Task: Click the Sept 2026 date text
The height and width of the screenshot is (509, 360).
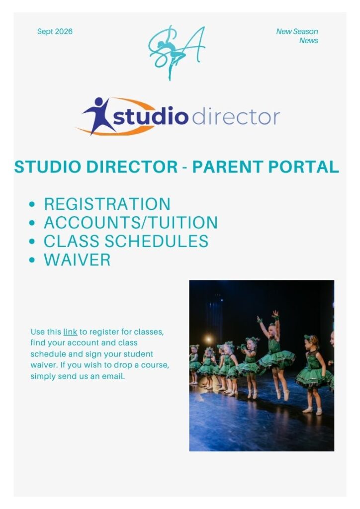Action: pyautogui.click(x=55, y=31)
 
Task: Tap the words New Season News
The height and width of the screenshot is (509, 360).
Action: pyautogui.click(x=297, y=36)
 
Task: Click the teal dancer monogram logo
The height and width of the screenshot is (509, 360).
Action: pyautogui.click(x=176, y=52)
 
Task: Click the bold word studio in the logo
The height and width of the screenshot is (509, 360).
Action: pyautogui.click(x=151, y=115)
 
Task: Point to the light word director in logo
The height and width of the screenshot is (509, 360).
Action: pyautogui.click(x=236, y=116)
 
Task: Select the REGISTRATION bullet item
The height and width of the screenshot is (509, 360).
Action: pyautogui.click(x=107, y=204)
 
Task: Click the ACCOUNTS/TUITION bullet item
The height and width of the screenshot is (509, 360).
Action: pyautogui.click(x=131, y=223)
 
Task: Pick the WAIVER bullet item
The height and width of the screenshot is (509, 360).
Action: pyautogui.click(x=77, y=259)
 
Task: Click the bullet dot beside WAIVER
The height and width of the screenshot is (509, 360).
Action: pyautogui.click(x=32, y=260)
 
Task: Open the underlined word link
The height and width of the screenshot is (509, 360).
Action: pyautogui.click(x=70, y=332)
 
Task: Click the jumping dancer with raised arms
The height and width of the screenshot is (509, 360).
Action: pyautogui.click(x=276, y=354)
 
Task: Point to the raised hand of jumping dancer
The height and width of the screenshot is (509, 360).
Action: pyautogui.click(x=275, y=314)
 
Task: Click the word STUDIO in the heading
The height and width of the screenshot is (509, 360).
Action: pyautogui.click(x=48, y=167)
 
